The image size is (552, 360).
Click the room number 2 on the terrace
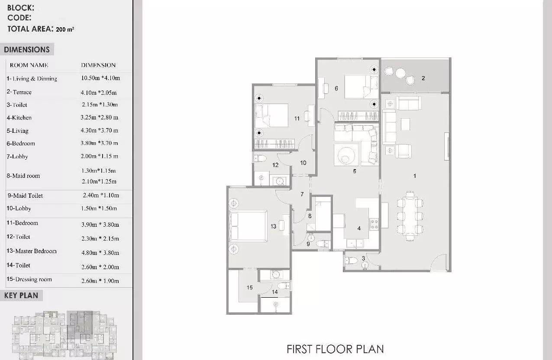(423, 78)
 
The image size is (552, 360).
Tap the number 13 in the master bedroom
(273, 226)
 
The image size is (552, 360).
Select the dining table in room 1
(410, 216)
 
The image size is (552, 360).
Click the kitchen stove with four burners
(374, 224)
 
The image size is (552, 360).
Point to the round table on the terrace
(400, 73)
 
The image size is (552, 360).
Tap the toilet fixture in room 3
(351, 260)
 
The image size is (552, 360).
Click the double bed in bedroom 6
(361, 87)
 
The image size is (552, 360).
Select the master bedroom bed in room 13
(248, 226)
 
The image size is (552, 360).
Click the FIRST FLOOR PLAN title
(335, 349)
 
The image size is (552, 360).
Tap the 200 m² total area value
(65, 29)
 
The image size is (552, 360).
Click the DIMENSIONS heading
(27, 49)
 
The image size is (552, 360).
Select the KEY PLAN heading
(21, 295)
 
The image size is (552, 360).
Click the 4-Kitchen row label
(19, 117)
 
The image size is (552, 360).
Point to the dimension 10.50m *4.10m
(100, 78)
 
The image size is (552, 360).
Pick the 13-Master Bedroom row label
(32, 251)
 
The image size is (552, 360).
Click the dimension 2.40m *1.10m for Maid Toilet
(101, 195)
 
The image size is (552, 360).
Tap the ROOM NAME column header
(29, 65)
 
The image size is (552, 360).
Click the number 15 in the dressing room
(250, 287)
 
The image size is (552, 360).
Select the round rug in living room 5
(346, 155)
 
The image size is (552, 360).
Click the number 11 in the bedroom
(297, 119)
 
